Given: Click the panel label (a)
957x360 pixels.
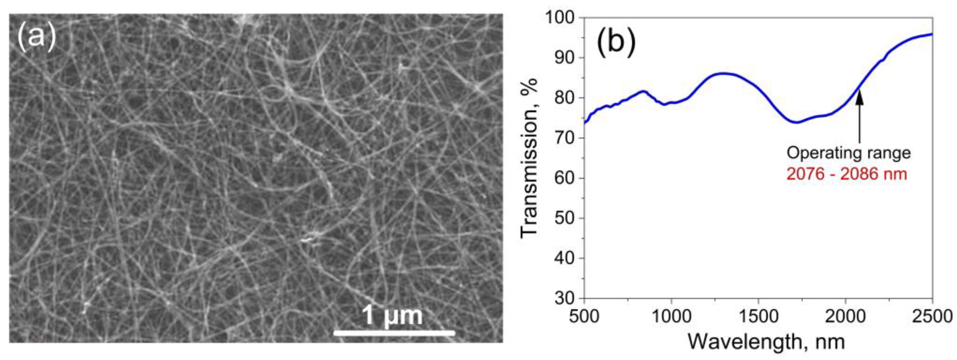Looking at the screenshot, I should pyautogui.click(x=36, y=36).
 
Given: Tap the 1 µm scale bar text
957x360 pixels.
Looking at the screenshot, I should pyautogui.click(x=392, y=316).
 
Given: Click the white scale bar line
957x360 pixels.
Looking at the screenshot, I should pyautogui.click(x=394, y=333).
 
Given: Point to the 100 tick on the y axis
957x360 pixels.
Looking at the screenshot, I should pyautogui.click(x=562, y=17).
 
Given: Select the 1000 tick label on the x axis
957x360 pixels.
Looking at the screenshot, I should pyautogui.click(x=672, y=317).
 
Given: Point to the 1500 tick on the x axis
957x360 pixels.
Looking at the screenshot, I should pyautogui.click(x=758, y=317).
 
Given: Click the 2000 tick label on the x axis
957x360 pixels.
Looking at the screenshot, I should pyautogui.click(x=845, y=317).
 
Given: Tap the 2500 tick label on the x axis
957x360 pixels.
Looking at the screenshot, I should pyautogui.click(x=932, y=317).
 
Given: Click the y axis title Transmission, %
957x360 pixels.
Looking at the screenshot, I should pyautogui.click(x=529, y=158).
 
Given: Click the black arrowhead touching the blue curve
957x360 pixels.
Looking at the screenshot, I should pyautogui.click(x=860, y=100).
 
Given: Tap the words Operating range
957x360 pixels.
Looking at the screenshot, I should pyautogui.click(x=849, y=153).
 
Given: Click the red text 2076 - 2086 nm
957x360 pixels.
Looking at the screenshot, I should pyautogui.click(x=847, y=174).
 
